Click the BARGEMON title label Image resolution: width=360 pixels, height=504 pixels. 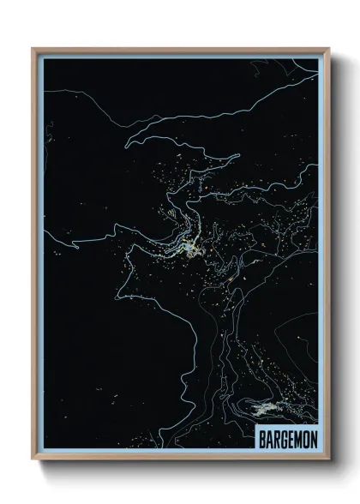tap(288, 440)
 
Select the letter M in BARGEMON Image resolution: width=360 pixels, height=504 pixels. tap(298, 440)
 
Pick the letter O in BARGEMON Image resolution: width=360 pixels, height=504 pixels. tap(306, 440)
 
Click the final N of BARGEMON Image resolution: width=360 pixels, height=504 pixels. tap(314, 440)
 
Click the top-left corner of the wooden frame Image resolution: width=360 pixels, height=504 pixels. tap(33, 49)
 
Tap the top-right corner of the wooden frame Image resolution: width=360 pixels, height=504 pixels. tap(328, 49)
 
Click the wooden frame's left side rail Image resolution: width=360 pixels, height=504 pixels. tap(34, 257)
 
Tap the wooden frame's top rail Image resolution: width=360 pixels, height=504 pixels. tap(180, 50)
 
